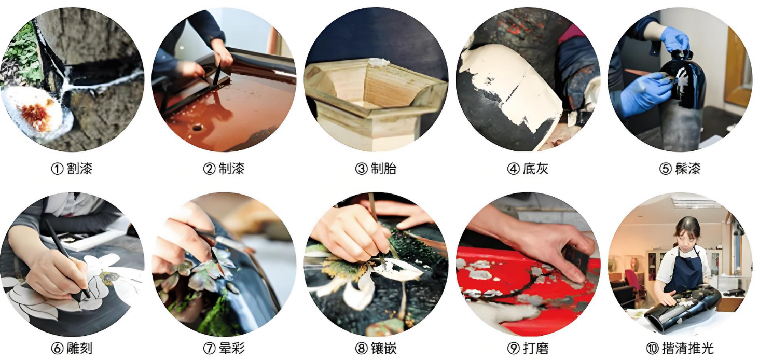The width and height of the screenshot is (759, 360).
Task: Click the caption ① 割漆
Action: point(72,169)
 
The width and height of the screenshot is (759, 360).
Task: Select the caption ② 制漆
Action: point(224,169)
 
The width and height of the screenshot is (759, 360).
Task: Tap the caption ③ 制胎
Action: point(376,169)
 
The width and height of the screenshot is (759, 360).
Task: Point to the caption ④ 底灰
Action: point(528,169)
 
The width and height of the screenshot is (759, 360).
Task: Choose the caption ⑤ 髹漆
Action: point(680,169)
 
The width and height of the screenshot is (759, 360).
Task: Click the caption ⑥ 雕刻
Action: point(72,348)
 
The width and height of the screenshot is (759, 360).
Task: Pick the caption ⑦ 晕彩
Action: point(224,348)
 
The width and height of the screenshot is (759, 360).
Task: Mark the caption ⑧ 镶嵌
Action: point(376,348)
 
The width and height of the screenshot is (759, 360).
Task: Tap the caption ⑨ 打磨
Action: point(528,348)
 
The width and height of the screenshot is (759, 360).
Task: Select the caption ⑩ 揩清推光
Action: point(681,348)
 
